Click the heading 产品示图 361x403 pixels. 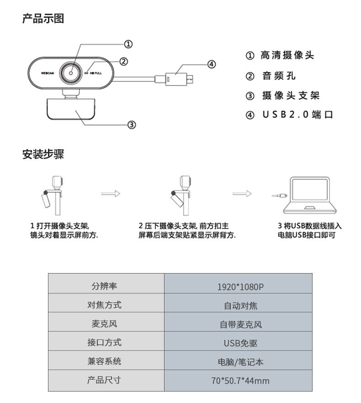coord(43,19)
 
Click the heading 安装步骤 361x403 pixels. coord(43,154)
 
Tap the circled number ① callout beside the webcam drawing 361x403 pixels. coord(128,44)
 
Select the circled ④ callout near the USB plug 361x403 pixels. coord(212,64)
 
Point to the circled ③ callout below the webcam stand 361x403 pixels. coord(131,124)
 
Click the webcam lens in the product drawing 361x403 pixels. coord(72,72)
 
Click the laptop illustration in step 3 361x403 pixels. coord(310,196)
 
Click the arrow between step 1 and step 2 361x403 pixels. coord(110,193)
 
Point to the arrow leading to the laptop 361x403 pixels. coord(242,193)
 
